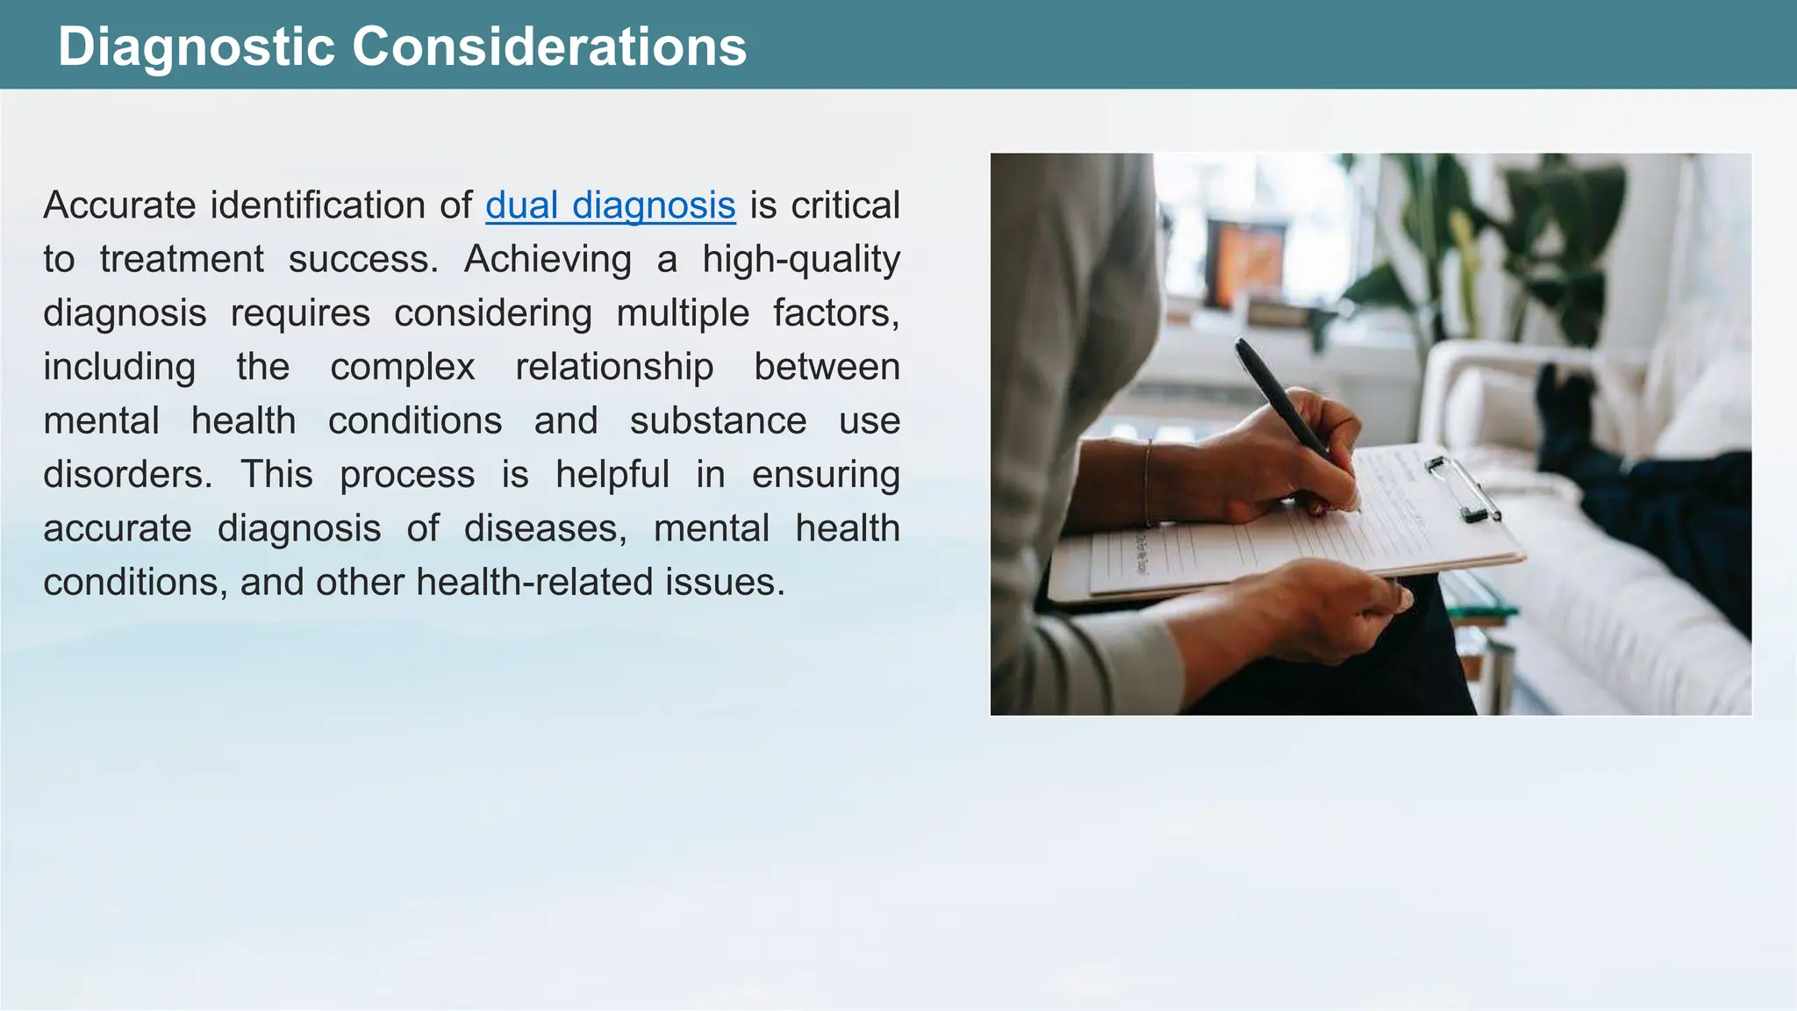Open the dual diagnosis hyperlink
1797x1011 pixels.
click(x=610, y=206)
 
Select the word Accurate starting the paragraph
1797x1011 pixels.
click(x=120, y=206)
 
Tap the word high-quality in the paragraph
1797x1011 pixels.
click(x=801, y=260)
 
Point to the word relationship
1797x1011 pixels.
click(x=614, y=367)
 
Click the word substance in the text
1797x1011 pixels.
click(x=718, y=421)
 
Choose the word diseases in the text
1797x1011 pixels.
click(x=545, y=528)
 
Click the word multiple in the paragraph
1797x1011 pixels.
click(x=683, y=313)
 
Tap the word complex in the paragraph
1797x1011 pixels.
click(x=403, y=368)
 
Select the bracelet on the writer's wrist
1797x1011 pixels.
click(x=1148, y=483)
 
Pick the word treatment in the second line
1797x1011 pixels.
click(x=182, y=260)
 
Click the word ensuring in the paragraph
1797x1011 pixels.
click(x=826, y=475)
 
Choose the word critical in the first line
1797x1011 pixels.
click(x=845, y=206)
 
